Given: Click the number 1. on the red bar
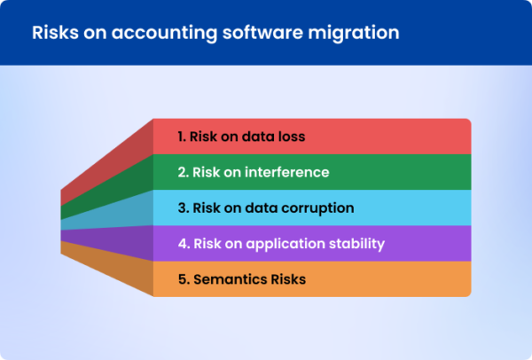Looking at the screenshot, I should click(182, 137).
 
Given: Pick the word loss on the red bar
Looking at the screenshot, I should click(290, 137).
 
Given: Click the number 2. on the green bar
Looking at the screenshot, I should click(183, 172).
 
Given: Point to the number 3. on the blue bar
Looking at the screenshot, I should click(183, 208).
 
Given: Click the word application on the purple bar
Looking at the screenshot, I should click(286, 243).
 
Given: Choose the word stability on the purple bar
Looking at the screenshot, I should click(357, 243).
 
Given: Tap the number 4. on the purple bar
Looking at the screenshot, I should click(183, 243).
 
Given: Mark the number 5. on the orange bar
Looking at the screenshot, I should click(183, 279).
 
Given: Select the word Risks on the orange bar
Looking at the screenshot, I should click(286, 279).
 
